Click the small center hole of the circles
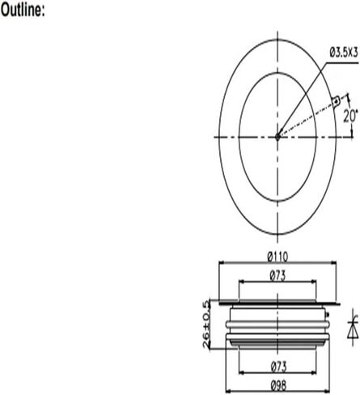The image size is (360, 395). [x=277, y=137]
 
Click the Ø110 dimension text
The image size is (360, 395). [x=277, y=257]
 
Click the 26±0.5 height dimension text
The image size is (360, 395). [x=208, y=323]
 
